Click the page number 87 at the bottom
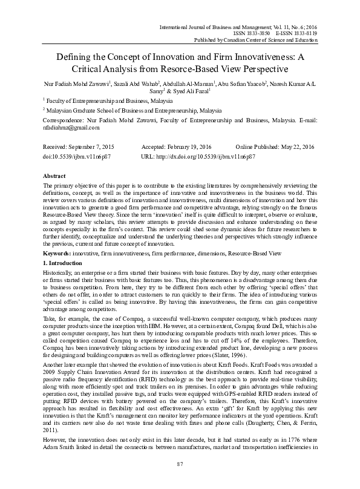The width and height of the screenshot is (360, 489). [x=180, y=481]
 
